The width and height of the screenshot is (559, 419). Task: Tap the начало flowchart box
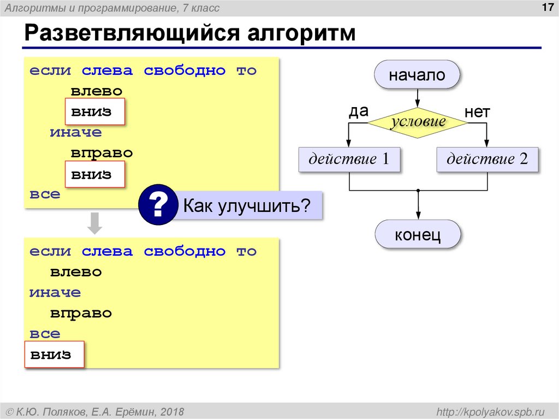coord(417,75)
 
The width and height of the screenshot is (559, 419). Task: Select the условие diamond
coord(418,122)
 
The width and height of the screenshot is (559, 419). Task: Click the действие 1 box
coord(349,160)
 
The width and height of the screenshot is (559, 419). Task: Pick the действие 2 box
coord(487,160)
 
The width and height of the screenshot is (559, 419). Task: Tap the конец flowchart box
coord(418,235)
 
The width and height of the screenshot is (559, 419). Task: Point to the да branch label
coord(359,111)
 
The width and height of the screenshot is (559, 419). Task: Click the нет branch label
coord(477,113)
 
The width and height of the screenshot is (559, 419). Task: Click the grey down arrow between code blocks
coord(95,223)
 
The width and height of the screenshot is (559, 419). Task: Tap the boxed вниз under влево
coord(95,111)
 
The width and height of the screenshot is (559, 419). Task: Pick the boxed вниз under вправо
coord(95,175)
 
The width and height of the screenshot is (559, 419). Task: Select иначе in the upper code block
coord(75,133)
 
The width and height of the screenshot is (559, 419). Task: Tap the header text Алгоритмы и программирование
coord(112,8)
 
